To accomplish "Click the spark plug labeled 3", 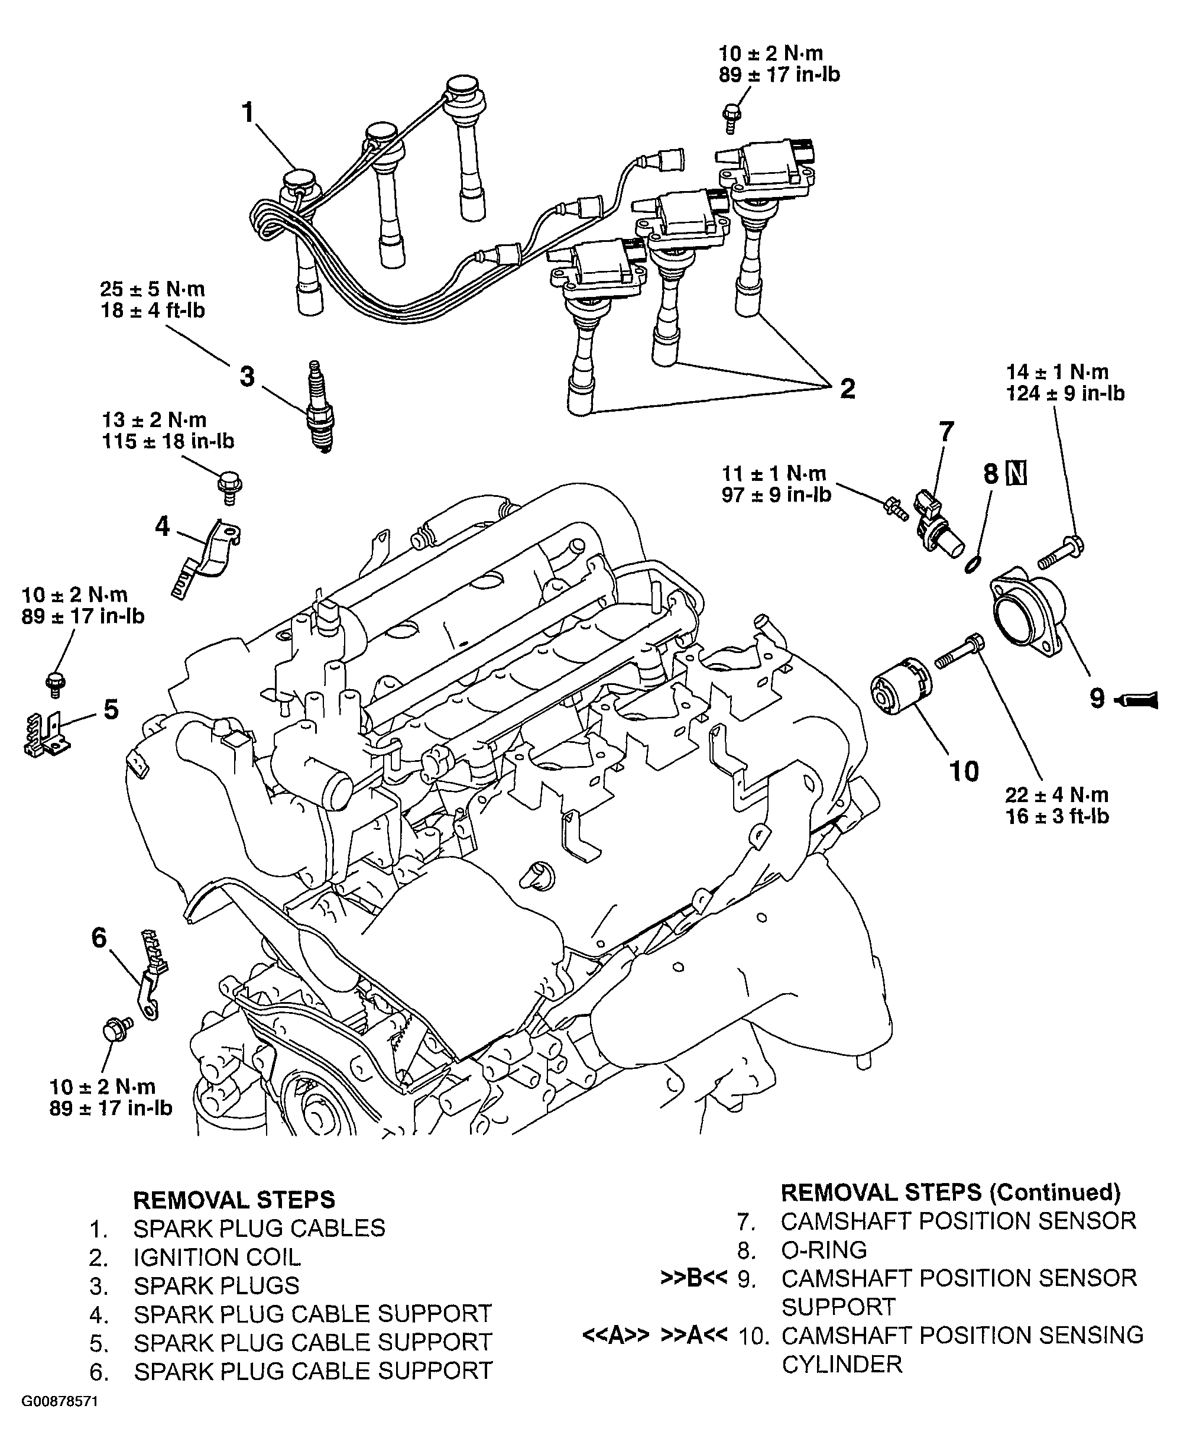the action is click(320, 406).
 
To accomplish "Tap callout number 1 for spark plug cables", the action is click(249, 112).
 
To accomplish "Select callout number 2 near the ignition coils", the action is click(848, 389).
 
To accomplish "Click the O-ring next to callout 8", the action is click(972, 564).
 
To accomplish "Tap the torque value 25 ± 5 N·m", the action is click(153, 289).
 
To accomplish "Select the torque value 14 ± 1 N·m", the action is click(1057, 372).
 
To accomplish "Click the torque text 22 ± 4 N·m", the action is click(1057, 795).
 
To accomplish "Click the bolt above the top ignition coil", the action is click(732, 118).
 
